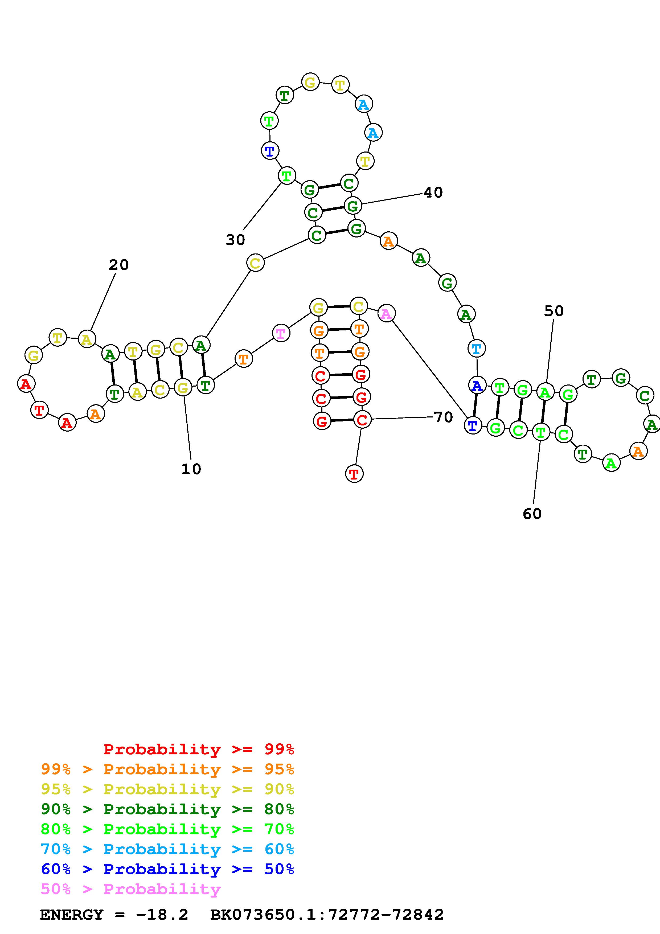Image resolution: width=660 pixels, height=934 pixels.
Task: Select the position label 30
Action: (235, 240)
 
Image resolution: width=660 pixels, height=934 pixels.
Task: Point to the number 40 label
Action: (433, 192)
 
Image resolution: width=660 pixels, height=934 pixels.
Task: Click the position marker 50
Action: (554, 311)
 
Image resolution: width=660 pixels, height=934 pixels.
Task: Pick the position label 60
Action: (532, 514)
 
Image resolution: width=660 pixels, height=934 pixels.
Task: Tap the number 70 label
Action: (443, 417)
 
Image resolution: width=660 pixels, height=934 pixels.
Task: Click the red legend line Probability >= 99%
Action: (199, 749)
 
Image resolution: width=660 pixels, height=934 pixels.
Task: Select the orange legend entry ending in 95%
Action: (167, 769)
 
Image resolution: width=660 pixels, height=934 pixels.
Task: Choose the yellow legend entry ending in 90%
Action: (167, 789)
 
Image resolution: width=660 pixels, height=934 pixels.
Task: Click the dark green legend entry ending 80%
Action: (167, 809)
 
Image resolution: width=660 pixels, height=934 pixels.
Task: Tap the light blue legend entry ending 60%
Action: (167, 849)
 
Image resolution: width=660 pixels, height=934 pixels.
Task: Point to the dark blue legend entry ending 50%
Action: (167, 869)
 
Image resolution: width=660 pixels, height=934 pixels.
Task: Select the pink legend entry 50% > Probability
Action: (130, 889)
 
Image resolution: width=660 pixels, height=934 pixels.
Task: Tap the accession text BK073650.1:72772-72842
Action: (327, 915)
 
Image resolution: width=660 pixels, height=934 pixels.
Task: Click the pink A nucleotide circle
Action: (386, 314)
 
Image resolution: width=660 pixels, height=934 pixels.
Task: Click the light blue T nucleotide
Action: (476, 349)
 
